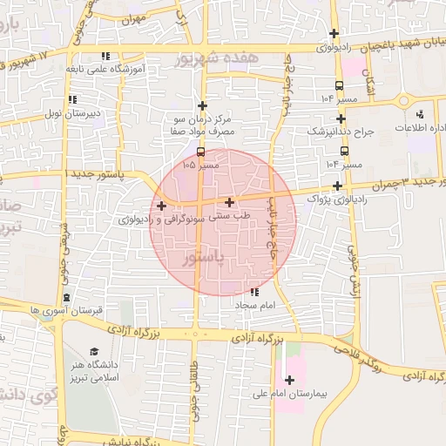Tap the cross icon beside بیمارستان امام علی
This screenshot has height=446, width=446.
coord(289,380)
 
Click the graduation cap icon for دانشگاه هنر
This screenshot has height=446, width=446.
coord(94,351)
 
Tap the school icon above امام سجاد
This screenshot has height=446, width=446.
coord(254,292)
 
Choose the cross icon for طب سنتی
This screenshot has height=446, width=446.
coord(229,202)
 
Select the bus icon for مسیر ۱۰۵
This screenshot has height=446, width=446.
coord(202,152)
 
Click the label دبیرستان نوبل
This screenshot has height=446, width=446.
coord(73,113)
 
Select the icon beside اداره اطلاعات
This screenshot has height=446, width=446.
coord(420,114)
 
